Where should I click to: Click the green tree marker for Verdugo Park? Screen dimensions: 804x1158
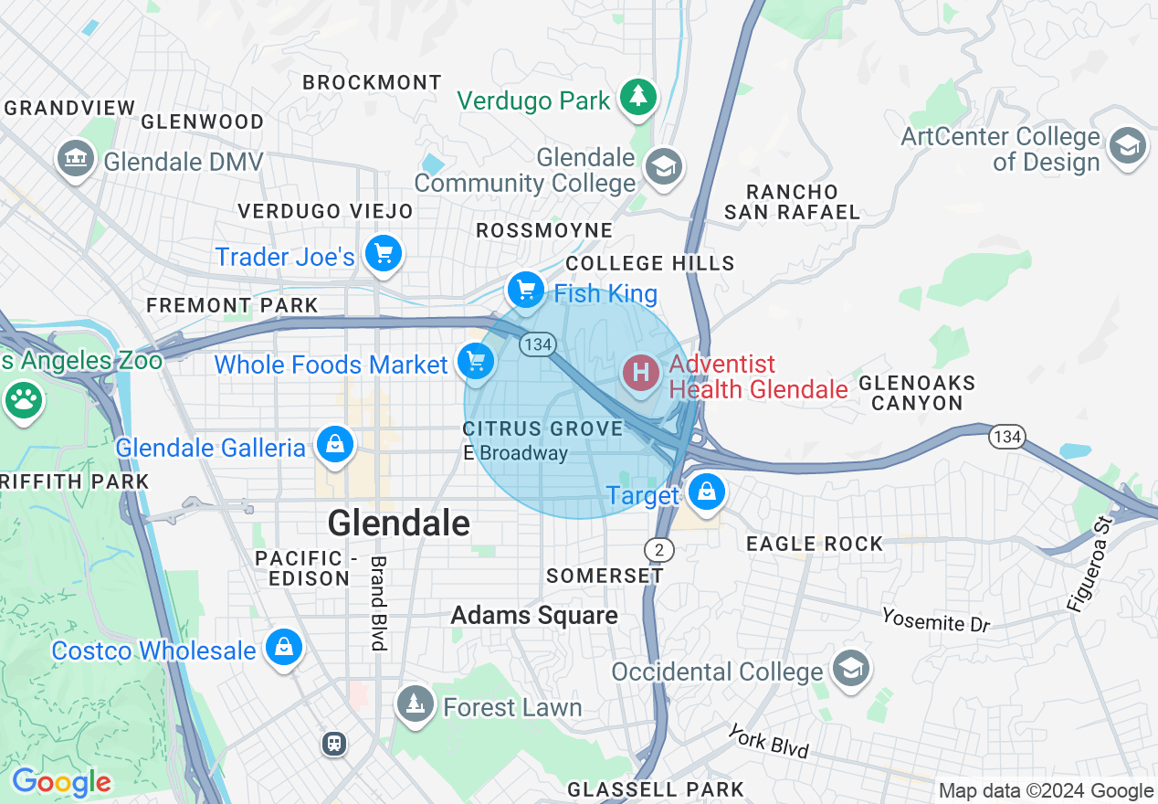click(x=638, y=96)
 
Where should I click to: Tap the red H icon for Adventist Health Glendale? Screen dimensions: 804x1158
click(x=641, y=373)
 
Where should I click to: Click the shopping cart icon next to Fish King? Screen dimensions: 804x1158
click(x=525, y=291)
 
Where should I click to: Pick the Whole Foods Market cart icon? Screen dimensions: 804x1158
click(x=475, y=361)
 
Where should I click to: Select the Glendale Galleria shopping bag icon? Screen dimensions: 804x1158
click(x=335, y=445)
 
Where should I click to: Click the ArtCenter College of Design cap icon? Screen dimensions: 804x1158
click(x=1127, y=146)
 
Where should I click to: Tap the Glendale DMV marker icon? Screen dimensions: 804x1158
click(x=76, y=160)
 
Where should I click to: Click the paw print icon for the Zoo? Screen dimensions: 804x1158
click(x=24, y=400)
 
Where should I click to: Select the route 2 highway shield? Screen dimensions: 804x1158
click(x=658, y=549)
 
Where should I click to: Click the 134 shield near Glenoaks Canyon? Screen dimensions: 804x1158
click(x=1007, y=437)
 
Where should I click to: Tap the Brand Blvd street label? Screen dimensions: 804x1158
click(x=378, y=603)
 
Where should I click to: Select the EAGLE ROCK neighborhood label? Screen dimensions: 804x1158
click(x=815, y=544)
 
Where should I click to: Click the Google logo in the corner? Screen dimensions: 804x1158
click(x=61, y=782)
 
